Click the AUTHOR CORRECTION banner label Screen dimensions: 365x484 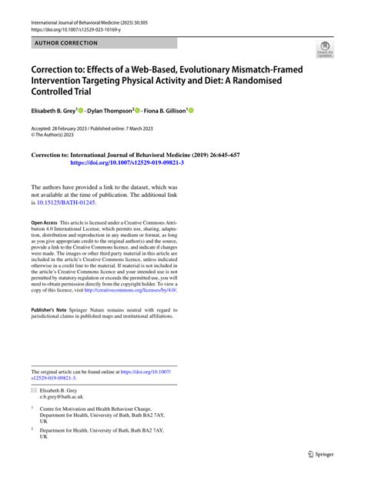tap(65, 42)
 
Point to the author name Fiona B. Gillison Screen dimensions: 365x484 tap(165, 111)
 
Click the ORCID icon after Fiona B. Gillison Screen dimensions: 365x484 tap(191, 111)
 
